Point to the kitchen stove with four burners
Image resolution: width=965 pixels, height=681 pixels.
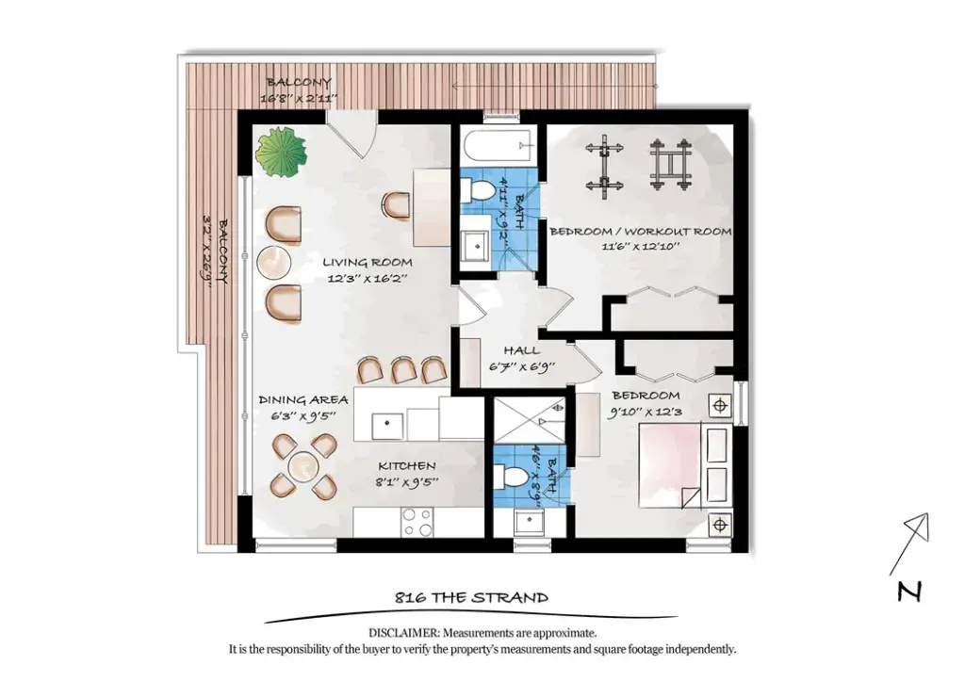(x=417, y=522)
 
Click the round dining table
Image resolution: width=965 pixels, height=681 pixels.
(x=304, y=465)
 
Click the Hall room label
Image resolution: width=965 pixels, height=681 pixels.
(x=522, y=350)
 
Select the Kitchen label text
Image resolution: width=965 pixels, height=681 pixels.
(x=407, y=466)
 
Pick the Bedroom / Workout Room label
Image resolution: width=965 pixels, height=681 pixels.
(x=641, y=232)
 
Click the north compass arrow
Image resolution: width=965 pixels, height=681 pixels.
(x=908, y=545)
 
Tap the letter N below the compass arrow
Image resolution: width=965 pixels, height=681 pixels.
(x=909, y=592)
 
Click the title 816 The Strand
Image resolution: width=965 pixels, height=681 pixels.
(x=471, y=597)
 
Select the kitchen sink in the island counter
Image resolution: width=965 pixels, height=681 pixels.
(x=387, y=426)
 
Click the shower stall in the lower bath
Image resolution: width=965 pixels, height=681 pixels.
(x=530, y=420)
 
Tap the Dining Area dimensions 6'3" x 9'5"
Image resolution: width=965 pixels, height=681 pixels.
(x=303, y=415)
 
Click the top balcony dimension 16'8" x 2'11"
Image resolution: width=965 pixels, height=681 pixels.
(x=299, y=97)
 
